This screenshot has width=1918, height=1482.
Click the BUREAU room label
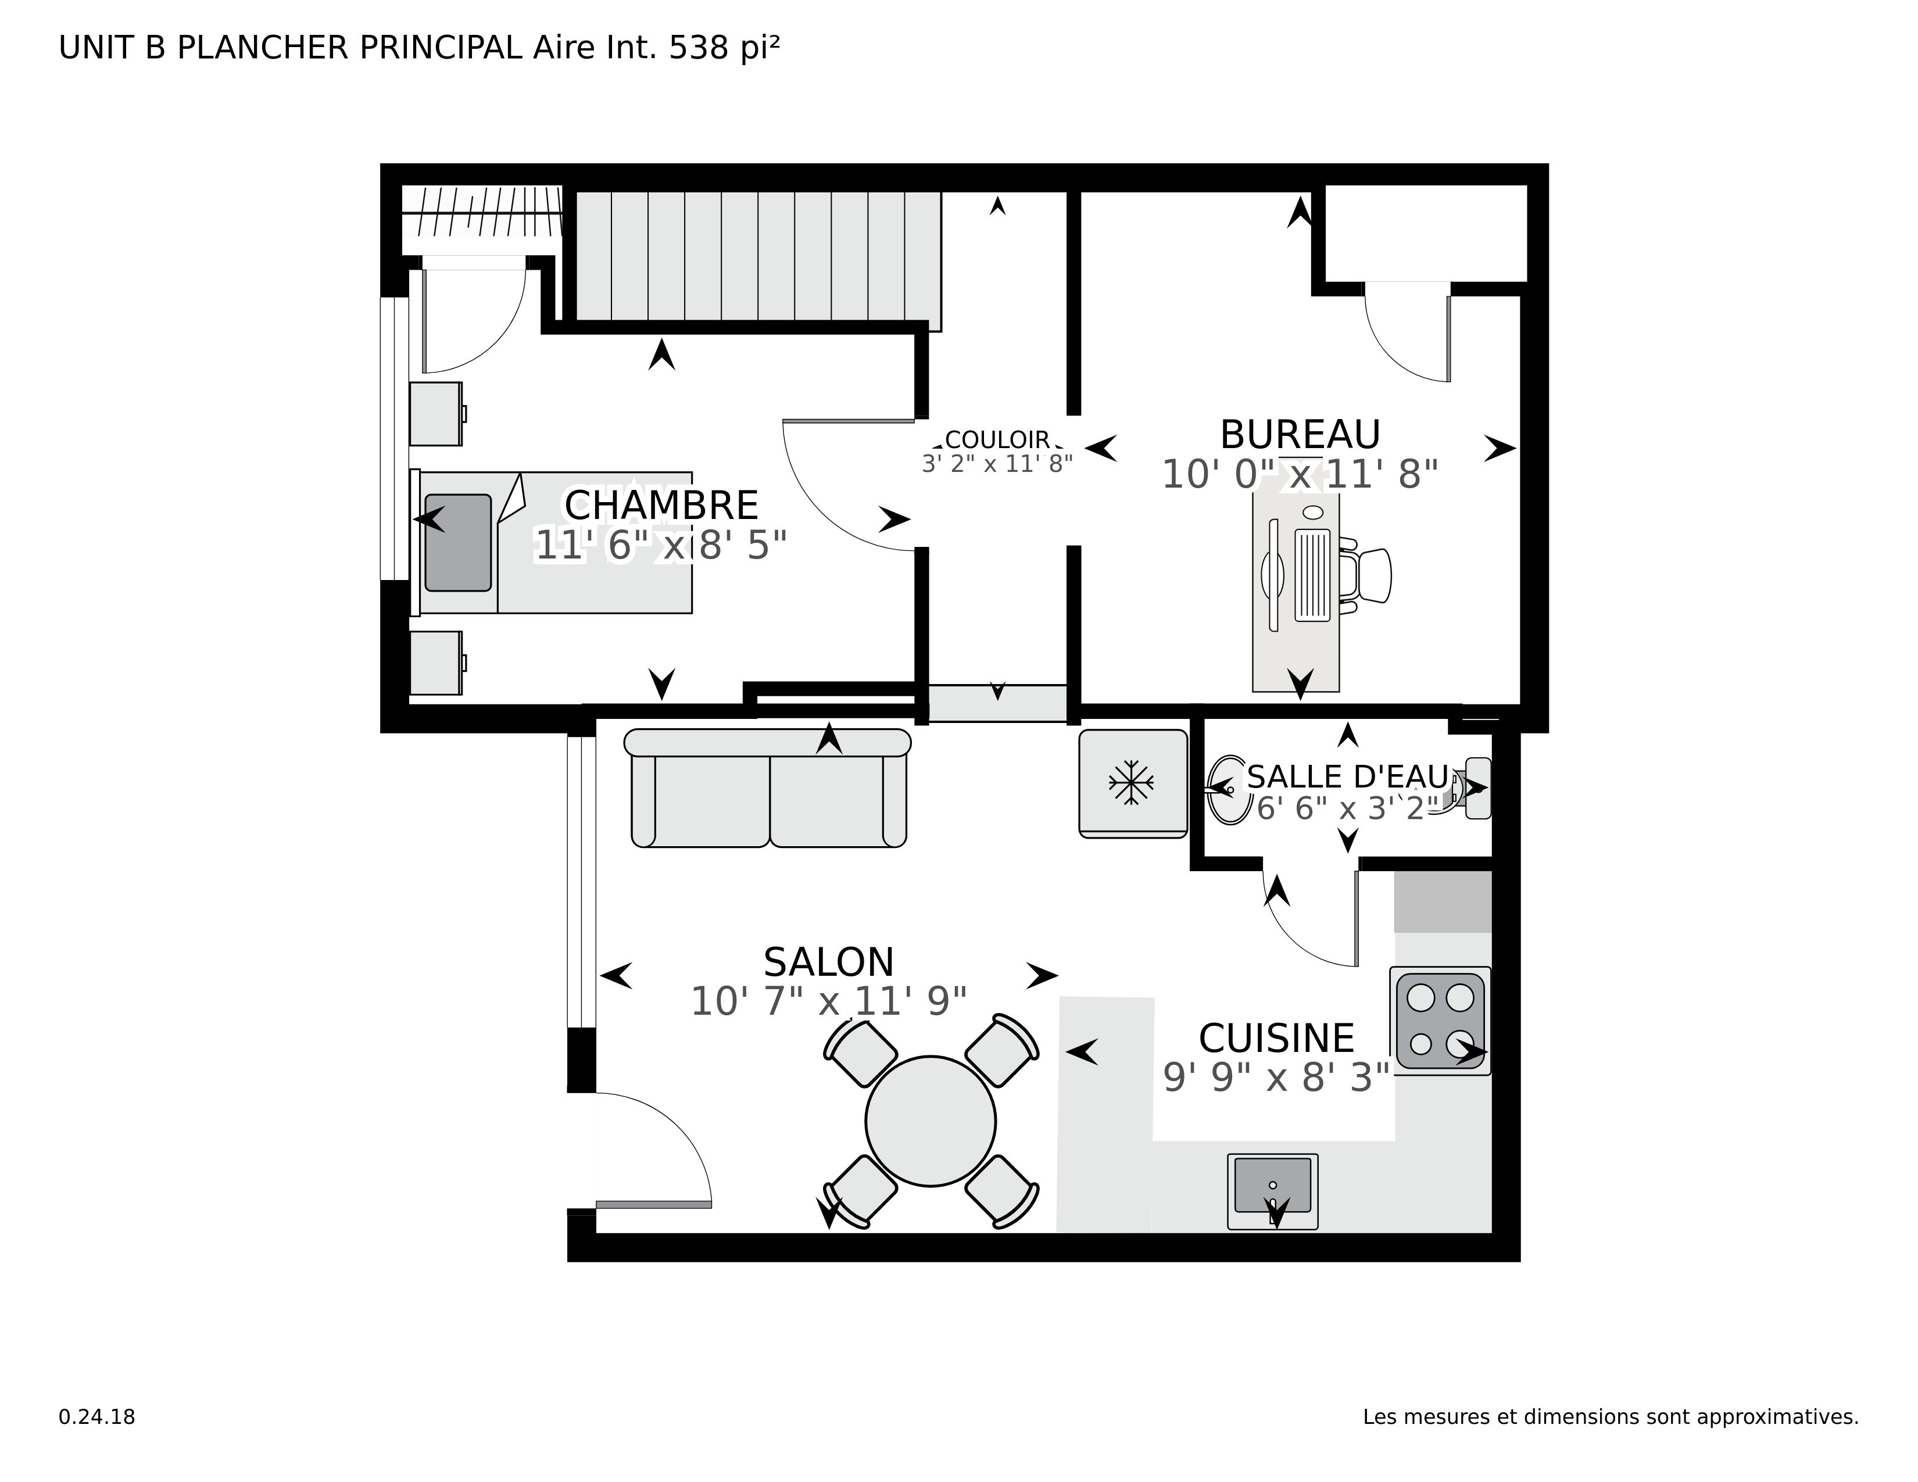pyautogui.click(x=1300, y=435)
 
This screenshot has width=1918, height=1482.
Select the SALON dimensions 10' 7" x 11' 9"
pyautogui.click(x=828, y=1002)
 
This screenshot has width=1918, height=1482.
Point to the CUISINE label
pyautogui.click(x=1276, y=1039)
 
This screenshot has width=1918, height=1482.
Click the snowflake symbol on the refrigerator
pyautogui.click(x=1131, y=782)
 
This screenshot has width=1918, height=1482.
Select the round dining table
pyautogui.click(x=930, y=1121)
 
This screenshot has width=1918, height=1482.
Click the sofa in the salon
pyautogui.click(x=768, y=789)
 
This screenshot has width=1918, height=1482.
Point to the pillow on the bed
pyautogui.click(x=457, y=543)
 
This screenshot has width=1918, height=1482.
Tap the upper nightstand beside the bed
pyautogui.click(x=435, y=414)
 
